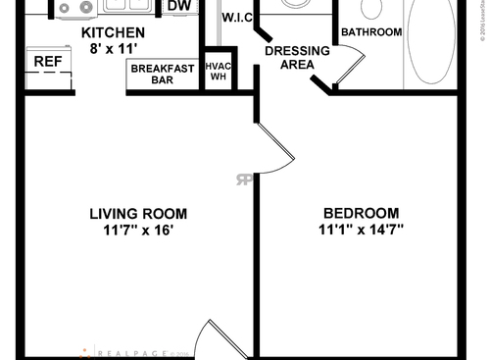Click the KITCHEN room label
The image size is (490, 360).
click(112, 33)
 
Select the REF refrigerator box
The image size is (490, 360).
click(48, 62)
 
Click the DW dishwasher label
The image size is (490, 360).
click(178, 7)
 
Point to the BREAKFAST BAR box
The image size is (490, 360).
click(162, 75)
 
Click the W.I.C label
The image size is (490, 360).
click(238, 18)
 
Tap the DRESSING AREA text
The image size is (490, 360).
click(290, 57)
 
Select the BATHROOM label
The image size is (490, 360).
click(371, 32)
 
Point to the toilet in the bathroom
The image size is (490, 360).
click(371, 9)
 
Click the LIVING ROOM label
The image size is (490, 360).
click(137, 214)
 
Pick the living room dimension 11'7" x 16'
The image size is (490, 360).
click(137, 231)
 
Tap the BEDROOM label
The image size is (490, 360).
click(362, 214)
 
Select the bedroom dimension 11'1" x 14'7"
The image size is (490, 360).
click(362, 231)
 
